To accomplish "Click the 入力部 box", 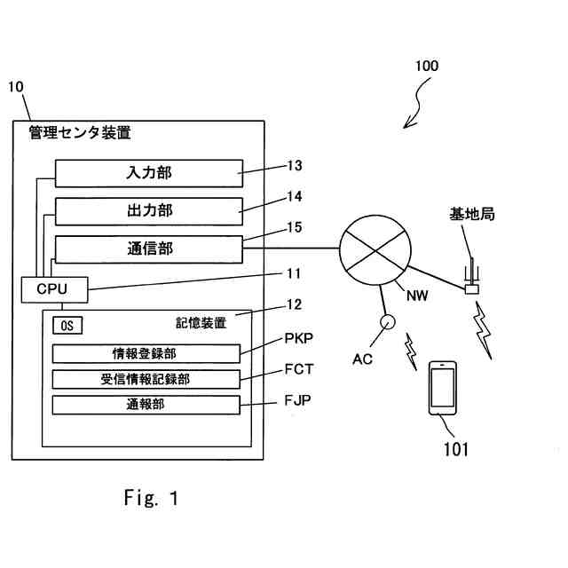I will pyautogui.click(x=149, y=172).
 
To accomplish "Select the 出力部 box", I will pyautogui.click(x=149, y=210).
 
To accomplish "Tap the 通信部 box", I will pyautogui.click(x=149, y=249).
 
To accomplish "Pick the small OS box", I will pyautogui.click(x=67, y=325).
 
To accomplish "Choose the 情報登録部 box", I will pyautogui.click(x=146, y=353).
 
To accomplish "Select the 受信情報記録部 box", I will pyautogui.click(x=146, y=379).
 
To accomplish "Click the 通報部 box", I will pyautogui.click(x=146, y=405).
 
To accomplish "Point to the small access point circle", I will pyautogui.click(x=387, y=323).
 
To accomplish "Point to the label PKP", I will pyautogui.click(x=299, y=338).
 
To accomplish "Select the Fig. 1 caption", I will pyautogui.click(x=151, y=498).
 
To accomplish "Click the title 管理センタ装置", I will pyautogui.click(x=80, y=134).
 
